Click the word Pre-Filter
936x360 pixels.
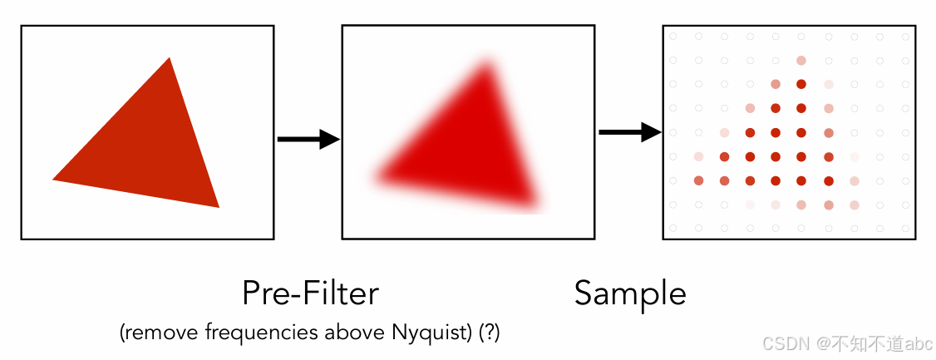coord(310,293)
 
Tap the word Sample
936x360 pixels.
coord(630,293)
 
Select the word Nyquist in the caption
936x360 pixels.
coord(421,333)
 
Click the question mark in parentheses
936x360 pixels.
coord(491,333)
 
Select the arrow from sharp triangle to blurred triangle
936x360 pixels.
coord(308,140)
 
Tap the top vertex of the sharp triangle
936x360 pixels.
coord(170,58)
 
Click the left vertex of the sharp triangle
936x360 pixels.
coord(54,179)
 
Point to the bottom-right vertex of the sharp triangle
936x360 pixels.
coord(218,206)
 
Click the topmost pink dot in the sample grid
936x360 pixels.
coord(801,61)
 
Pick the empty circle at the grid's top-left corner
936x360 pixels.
coord(672,37)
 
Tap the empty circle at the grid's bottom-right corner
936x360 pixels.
coord(905,228)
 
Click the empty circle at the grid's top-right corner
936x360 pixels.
coord(905,37)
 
